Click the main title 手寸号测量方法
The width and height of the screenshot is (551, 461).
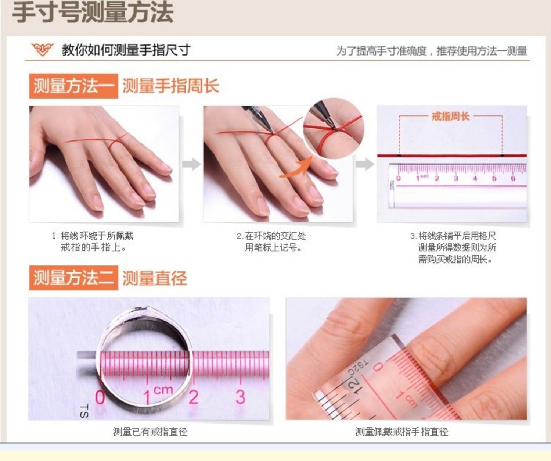coord(93,12)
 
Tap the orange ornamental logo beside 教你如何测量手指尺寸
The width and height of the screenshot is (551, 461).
coord(42,49)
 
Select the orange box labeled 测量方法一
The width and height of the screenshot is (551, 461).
coord(73,86)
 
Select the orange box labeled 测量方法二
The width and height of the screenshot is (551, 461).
coord(73,278)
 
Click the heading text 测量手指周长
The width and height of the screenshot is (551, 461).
coord(170,86)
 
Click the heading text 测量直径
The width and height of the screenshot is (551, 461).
coord(154,278)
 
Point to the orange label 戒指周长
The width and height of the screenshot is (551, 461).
coord(450,117)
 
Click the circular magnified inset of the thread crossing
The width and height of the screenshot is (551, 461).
coord(333,128)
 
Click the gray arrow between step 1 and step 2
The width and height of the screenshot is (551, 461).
coord(191,164)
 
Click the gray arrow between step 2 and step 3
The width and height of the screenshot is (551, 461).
coord(364,164)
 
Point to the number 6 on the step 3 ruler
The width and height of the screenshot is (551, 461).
coord(513,178)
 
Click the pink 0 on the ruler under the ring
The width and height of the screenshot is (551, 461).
coord(100,397)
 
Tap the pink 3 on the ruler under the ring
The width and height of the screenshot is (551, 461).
coord(240,397)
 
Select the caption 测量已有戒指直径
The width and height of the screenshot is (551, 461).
coord(150,432)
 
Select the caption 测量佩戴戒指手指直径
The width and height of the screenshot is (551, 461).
coord(401,432)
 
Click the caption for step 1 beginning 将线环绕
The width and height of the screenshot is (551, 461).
coord(93,242)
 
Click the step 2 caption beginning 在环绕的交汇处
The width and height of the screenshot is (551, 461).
coord(272,242)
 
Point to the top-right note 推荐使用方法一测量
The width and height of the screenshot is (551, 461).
coord(482,51)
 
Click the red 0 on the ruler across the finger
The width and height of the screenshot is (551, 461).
coord(378,367)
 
